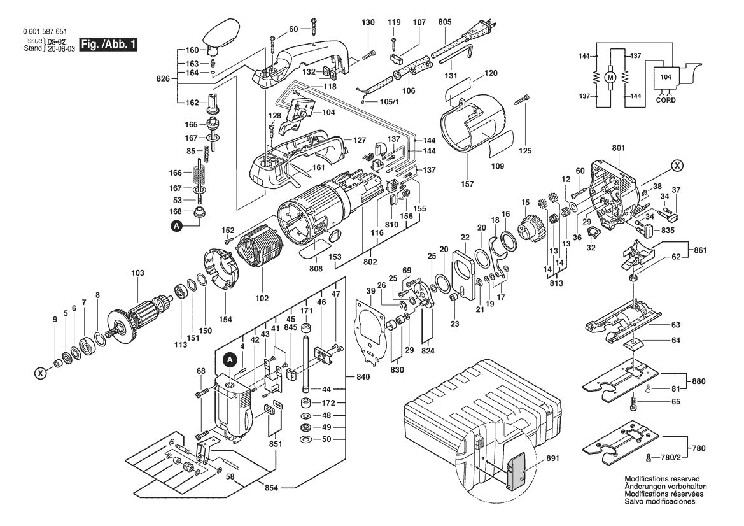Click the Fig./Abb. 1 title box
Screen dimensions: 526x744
tap(108, 45)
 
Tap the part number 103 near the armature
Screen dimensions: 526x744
tap(137, 273)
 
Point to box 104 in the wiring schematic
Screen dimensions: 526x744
tap(665, 76)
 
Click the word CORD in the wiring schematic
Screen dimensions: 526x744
tap(666, 100)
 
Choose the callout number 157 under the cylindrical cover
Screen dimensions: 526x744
tap(467, 185)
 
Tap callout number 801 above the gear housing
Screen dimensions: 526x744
tap(619, 149)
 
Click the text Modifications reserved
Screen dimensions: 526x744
tap(662, 478)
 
